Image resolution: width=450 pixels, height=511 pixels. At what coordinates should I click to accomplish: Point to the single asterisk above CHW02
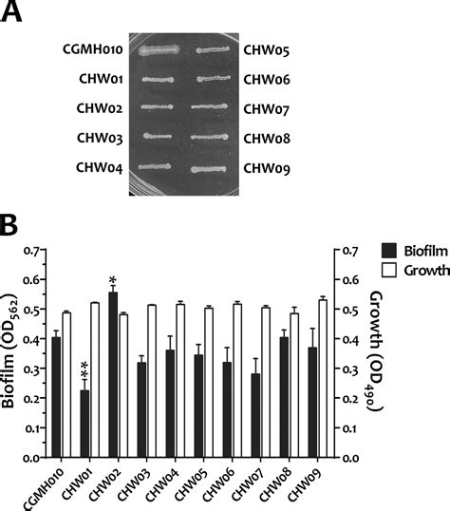113,279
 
